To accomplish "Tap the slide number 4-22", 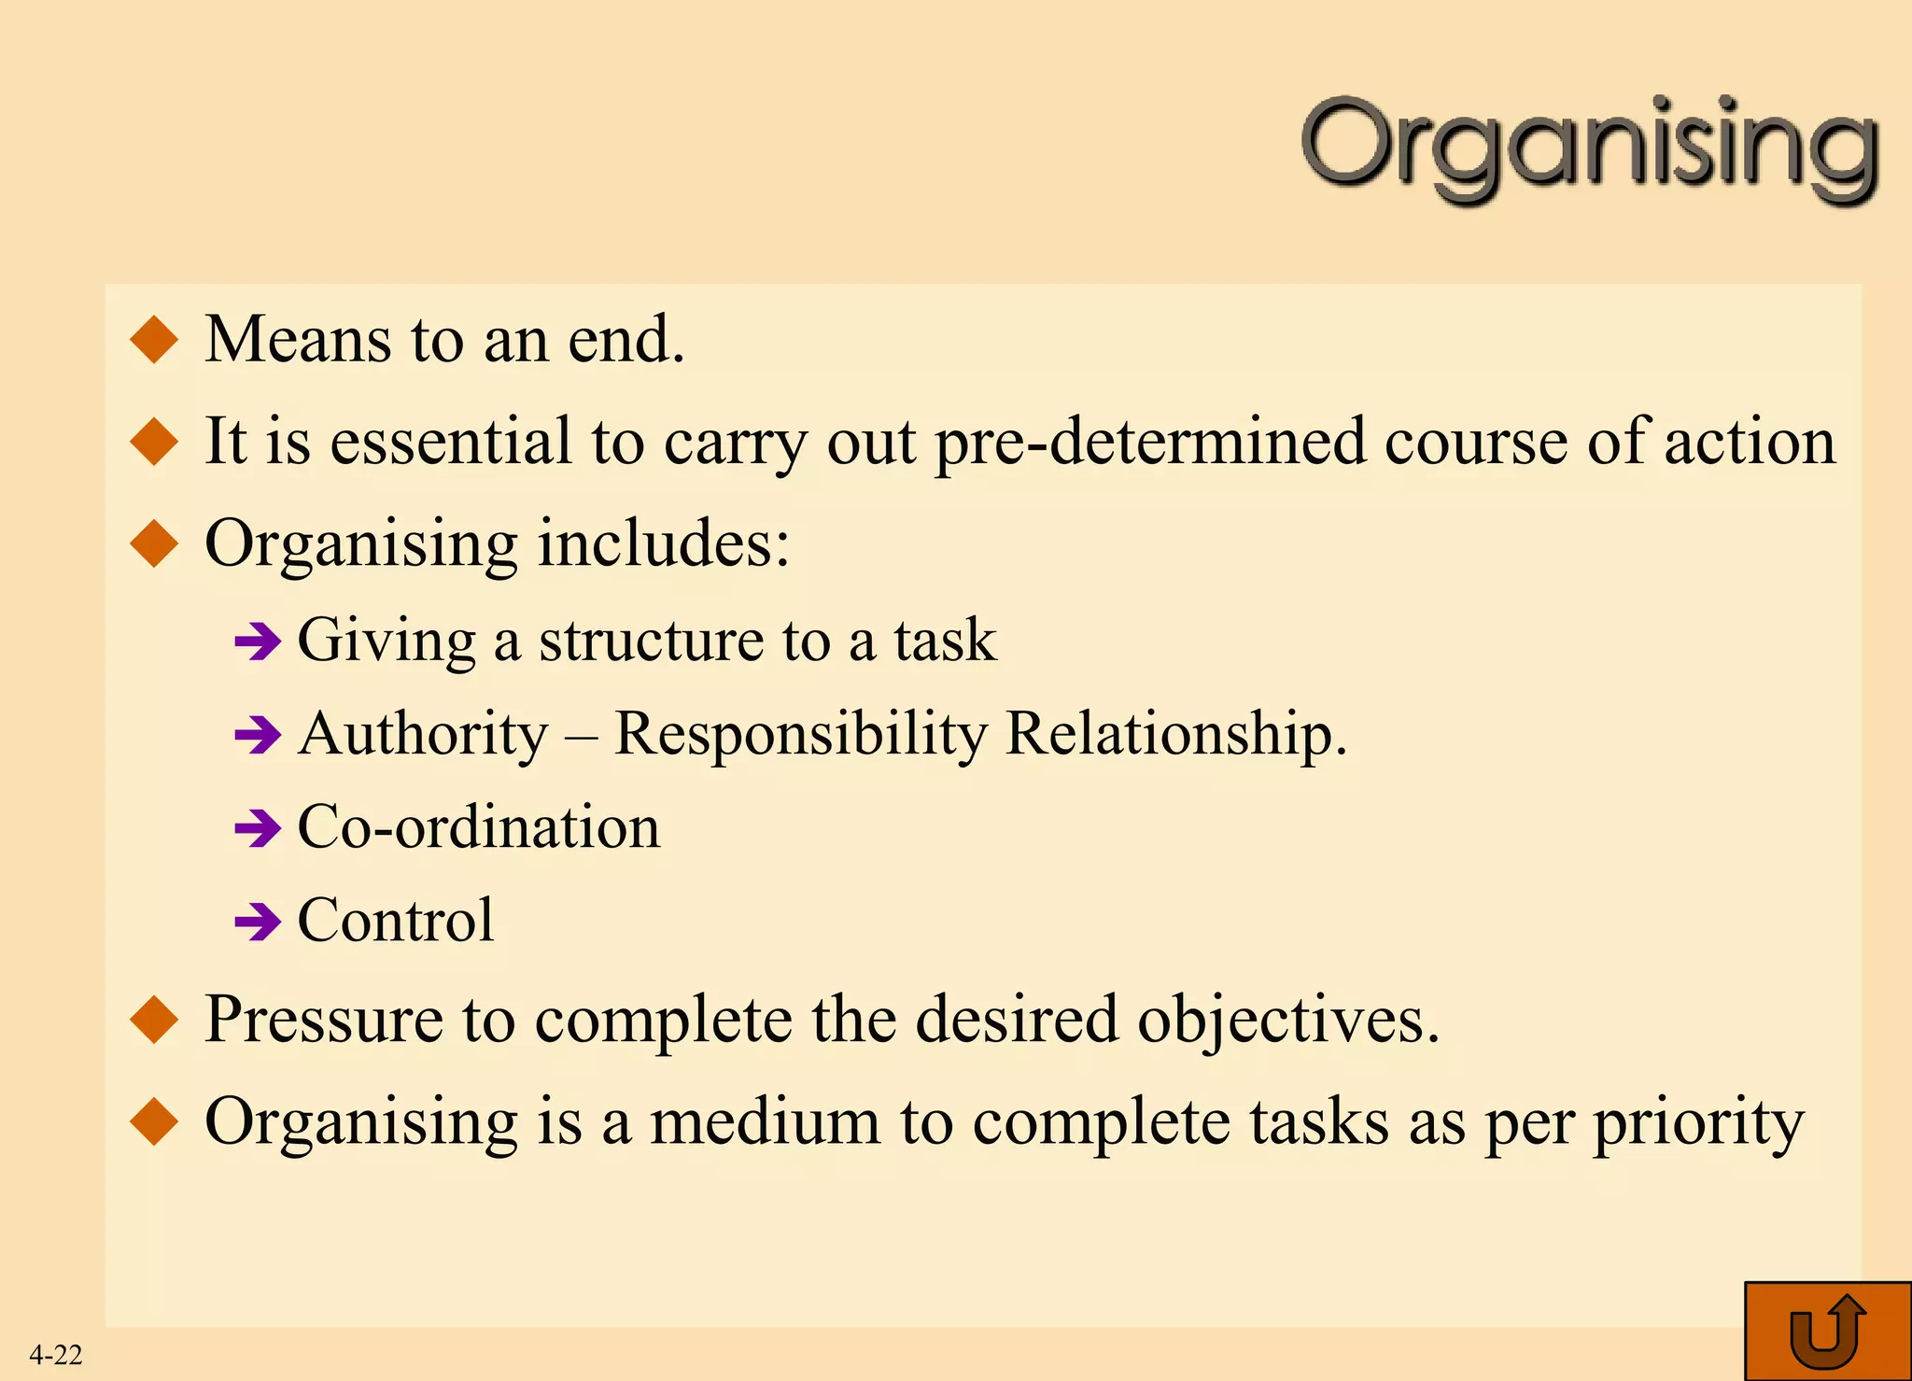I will coord(56,1354).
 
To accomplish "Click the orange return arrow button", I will coord(1827,1332).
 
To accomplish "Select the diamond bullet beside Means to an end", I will coord(155,339).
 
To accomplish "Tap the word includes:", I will coord(664,543).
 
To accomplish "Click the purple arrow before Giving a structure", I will coord(258,641).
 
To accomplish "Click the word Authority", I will coord(424,735).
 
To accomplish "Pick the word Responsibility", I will coord(800,735).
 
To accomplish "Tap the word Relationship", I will coord(1176,735).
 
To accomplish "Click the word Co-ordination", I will coord(479,827).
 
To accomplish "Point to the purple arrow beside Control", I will coord(258,923).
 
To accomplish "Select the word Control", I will coord(396,921).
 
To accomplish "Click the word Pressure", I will coord(324,1019).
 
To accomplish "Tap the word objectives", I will coord(1288,1019).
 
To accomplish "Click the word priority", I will coord(1698,1123).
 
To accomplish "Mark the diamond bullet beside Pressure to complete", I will coord(155,1020).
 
